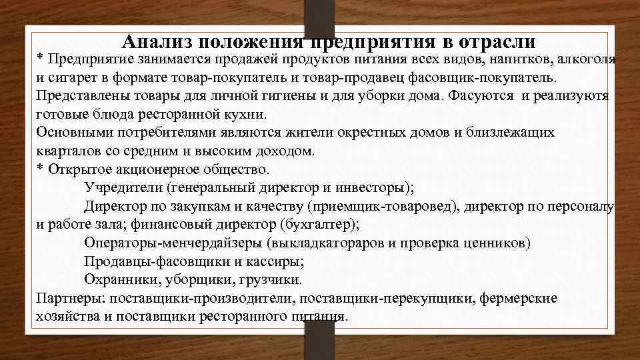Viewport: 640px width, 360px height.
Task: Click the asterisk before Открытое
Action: coord(39,169)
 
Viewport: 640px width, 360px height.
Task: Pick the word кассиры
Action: coord(274,259)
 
